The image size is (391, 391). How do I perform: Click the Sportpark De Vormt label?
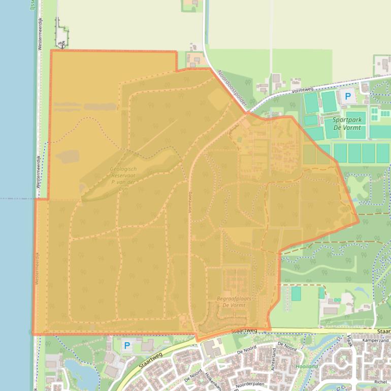point(347,124)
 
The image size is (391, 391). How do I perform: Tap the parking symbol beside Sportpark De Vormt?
point(348,96)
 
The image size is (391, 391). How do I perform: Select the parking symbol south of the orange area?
point(127,346)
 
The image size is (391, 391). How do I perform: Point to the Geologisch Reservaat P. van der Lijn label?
point(123,178)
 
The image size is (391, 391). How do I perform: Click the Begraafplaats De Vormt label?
point(231,302)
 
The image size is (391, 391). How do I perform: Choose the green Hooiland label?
point(307,366)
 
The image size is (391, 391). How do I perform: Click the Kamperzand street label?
point(376,340)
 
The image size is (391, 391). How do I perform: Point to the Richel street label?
point(380,382)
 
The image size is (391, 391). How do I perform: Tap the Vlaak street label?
point(350,342)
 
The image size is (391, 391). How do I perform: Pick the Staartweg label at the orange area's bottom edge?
point(244,331)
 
